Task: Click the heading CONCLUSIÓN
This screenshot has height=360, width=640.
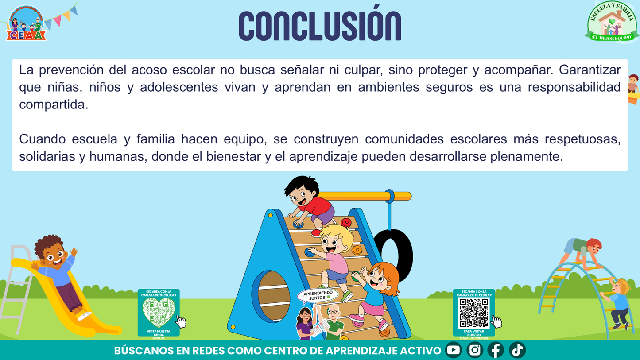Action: tap(319, 26)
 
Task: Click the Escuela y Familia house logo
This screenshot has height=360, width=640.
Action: tap(612, 22)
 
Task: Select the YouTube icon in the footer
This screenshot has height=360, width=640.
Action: tap(453, 350)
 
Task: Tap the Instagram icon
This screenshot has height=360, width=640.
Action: tap(474, 350)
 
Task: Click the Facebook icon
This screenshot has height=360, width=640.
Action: tap(496, 350)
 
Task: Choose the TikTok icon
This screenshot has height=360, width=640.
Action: tap(517, 350)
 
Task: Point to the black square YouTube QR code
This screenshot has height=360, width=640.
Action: tap(474, 313)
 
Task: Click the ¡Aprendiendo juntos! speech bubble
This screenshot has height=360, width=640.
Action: tap(317, 295)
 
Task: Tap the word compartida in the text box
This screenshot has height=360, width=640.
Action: tap(53, 105)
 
